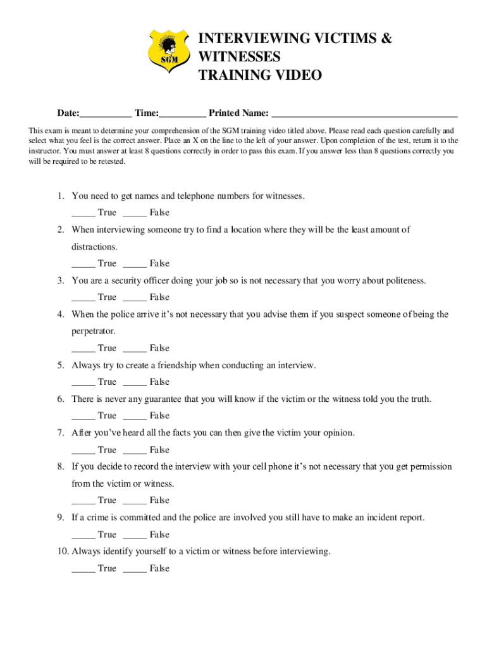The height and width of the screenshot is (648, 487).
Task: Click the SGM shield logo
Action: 169,50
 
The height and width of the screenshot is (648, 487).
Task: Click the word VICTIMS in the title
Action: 340,39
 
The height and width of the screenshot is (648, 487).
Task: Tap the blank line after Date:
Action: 106,115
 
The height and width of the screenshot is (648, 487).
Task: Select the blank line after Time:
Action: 182,115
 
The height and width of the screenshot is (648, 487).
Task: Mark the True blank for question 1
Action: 83,214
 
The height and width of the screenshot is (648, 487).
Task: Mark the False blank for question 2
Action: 135,265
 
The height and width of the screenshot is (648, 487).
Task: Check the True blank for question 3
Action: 83,298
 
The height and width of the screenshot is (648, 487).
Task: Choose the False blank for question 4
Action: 135,349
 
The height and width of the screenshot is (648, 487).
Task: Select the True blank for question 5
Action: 83,383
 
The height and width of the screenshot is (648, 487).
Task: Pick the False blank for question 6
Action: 135,416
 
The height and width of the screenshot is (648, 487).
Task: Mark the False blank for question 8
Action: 135,501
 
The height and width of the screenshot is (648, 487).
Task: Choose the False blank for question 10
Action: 135,570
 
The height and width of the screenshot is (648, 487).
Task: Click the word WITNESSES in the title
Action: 239,58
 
